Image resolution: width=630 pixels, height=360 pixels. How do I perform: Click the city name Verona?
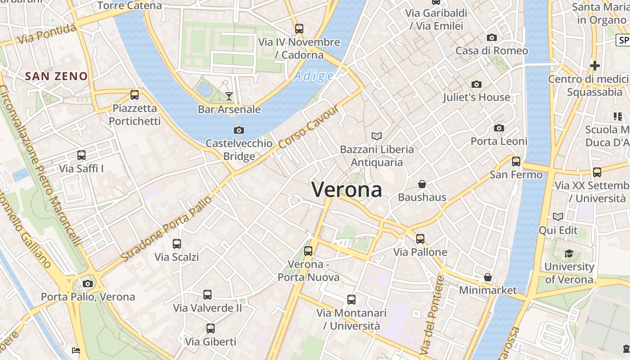point(347,189)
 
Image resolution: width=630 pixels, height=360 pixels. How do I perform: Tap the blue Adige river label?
point(314,76)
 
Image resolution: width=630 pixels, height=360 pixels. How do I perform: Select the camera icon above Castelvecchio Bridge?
point(239,130)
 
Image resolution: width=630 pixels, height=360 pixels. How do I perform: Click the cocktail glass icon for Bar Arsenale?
point(229,96)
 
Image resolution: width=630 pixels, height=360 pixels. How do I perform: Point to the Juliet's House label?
point(477,97)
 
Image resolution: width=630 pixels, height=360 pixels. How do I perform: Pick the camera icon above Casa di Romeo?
point(492,38)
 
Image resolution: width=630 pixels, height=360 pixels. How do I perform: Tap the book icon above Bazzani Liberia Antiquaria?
point(377,136)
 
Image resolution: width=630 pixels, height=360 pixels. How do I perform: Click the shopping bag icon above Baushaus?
point(422,184)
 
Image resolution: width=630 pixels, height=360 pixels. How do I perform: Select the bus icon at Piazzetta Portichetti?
point(135,95)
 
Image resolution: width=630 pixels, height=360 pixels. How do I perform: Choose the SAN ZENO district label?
point(57,76)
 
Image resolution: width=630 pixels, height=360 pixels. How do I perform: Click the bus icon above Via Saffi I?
point(81,155)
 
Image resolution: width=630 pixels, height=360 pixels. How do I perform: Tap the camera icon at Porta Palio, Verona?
point(88,283)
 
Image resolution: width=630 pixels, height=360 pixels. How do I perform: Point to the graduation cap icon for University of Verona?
point(569,253)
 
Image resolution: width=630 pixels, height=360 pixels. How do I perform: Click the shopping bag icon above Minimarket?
point(488,277)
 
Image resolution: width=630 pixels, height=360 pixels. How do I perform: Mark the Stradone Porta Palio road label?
point(166,229)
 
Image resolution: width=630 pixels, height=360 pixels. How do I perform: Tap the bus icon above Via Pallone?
point(420,238)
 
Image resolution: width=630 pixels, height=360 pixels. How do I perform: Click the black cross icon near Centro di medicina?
point(595,66)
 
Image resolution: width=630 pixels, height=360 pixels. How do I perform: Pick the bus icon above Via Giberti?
point(211,328)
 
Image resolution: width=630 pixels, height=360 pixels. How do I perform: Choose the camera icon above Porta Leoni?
point(499,128)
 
